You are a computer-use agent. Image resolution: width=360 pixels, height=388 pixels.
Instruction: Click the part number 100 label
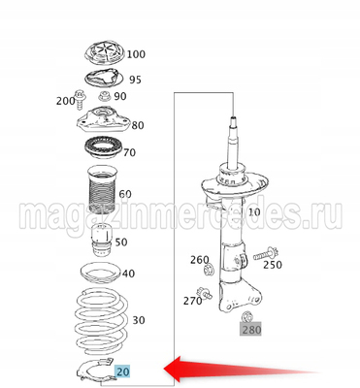pyautogui.click(x=136, y=54)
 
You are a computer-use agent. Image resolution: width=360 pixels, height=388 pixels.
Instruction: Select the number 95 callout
pyautogui.click(x=135, y=80)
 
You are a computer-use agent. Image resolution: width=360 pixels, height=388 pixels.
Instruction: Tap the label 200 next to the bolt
pyautogui.click(x=66, y=101)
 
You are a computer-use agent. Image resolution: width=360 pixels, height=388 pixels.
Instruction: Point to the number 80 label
pyautogui.click(x=137, y=125)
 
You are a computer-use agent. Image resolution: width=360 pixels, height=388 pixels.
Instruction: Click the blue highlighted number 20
pyautogui.click(x=123, y=370)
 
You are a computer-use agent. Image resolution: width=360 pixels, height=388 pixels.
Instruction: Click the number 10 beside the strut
pyautogui.click(x=254, y=211)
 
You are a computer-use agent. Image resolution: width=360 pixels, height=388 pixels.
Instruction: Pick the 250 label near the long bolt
pyautogui.click(x=272, y=265)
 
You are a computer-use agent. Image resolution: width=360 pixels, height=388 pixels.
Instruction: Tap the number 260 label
pyautogui.click(x=199, y=260)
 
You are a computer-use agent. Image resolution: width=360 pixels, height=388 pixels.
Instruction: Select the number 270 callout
pyautogui.click(x=193, y=301)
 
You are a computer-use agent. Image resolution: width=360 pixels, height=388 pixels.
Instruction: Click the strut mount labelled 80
pyautogui.click(x=100, y=123)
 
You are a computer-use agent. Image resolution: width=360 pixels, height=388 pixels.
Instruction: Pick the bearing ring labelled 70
pyautogui.click(x=100, y=152)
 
